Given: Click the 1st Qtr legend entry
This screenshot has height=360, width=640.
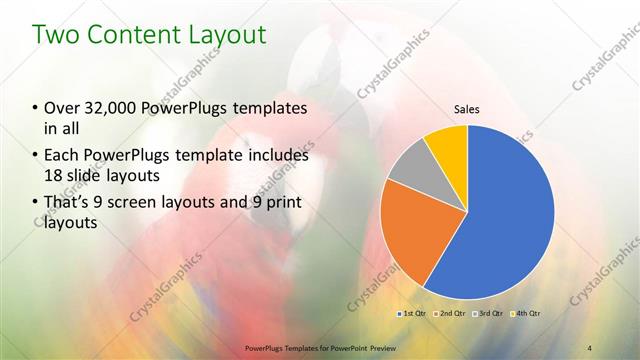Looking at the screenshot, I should [x=415, y=314].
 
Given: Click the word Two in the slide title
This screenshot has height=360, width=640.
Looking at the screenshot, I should [x=56, y=35].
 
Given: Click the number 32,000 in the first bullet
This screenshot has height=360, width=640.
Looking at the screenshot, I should [x=109, y=108].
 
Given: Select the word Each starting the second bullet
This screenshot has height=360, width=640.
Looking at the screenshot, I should [x=61, y=156].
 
